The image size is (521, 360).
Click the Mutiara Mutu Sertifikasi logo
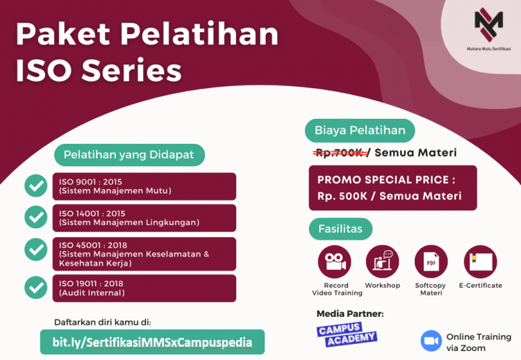pos(488,27)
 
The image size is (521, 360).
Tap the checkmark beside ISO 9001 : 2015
pos(35,186)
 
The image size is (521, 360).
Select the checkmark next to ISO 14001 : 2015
pos(35,218)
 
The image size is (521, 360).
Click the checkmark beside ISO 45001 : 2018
pos(35,249)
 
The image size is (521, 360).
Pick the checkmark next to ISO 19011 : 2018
pos(35,287)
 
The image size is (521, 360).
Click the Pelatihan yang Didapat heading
pos(129,154)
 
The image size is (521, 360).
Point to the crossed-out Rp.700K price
pos(339,152)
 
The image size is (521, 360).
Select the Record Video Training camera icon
pos(334,262)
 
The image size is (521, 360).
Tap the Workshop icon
pos(382,262)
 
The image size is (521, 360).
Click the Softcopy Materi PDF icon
pos(431,262)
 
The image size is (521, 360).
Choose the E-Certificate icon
pos(480,262)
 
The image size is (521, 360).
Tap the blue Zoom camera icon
pos(431,341)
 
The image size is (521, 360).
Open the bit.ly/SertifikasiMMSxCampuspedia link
pos(152,342)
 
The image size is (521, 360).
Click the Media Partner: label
pos(349,313)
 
